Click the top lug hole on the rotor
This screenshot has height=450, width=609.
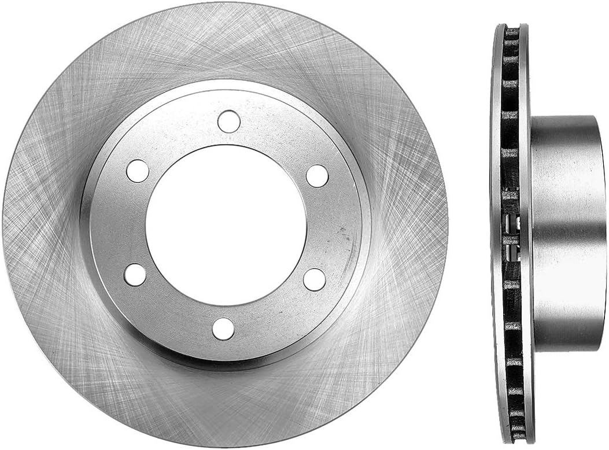point(229,121)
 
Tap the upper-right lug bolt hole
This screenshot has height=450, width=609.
point(317,176)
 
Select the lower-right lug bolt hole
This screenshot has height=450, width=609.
point(315,279)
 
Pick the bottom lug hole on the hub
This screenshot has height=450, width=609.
point(223,329)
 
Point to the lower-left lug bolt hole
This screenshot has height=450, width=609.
point(135,274)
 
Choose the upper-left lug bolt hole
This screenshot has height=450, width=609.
point(138,171)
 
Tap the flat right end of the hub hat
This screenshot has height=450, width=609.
point(601,231)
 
